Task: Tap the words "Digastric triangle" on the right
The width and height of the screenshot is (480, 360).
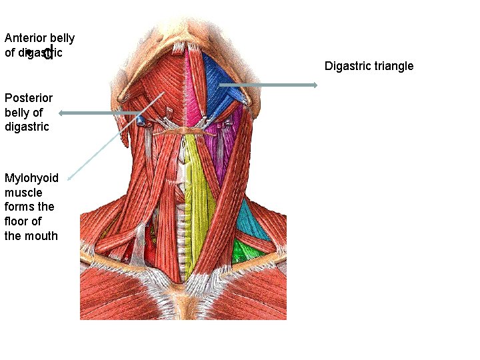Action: click(x=369, y=65)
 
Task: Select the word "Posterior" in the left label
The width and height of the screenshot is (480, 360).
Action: click(x=27, y=98)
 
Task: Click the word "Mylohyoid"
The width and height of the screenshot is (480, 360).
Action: click(x=31, y=178)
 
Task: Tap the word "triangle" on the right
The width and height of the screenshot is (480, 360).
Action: click(x=392, y=65)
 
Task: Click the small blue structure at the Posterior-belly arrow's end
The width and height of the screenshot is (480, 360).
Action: click(x=141, y=120)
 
